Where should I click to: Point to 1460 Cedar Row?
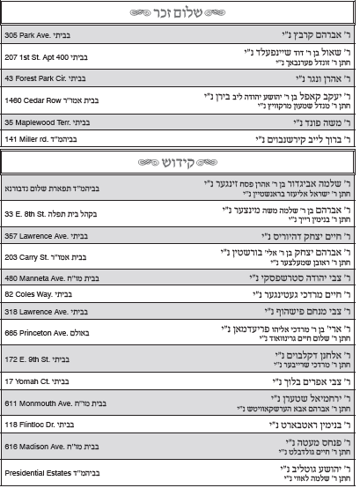[x=33, y=101]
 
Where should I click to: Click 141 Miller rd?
[x=26, y=139]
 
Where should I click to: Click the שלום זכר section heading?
[x=180, y=13]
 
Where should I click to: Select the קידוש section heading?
[x=180, y=164]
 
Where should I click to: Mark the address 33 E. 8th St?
[x=27, y=214]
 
